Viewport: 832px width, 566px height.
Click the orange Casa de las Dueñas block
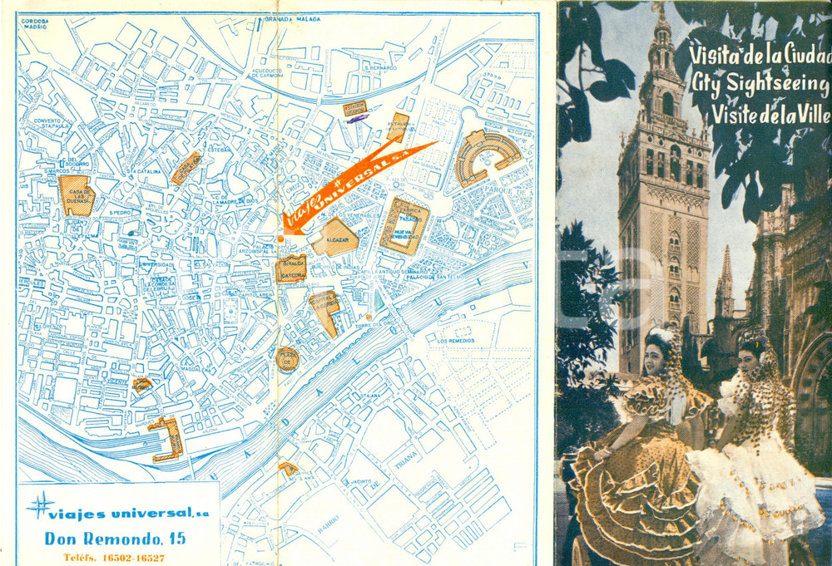(77, 195)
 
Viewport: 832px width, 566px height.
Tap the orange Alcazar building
(334, 237)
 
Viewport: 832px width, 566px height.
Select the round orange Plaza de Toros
(288, 359)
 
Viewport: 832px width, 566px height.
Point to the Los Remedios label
(454, 341)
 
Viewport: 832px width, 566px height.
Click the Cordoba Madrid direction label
(35, 23)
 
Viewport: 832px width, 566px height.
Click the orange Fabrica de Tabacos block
(404, 225)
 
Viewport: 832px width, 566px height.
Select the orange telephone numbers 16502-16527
(115, 557)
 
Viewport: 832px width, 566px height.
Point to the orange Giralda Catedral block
(291, 268)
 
